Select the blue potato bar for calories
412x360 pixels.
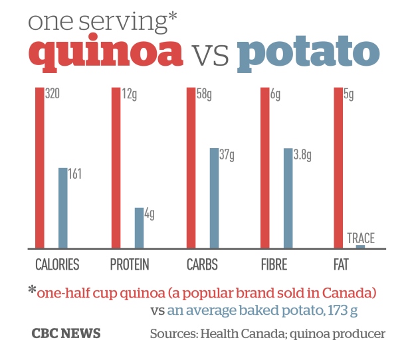pos(63,208)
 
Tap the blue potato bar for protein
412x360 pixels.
pos(139,228)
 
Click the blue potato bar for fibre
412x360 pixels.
pos(288,198)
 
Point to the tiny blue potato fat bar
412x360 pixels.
pos(360,246)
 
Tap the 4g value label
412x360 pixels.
pos(150,214)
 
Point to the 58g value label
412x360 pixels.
pos(205,94)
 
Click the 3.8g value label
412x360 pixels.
pos(302,155)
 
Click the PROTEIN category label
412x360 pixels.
pos(130,265)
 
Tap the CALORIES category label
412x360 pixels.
pos(57,265)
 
